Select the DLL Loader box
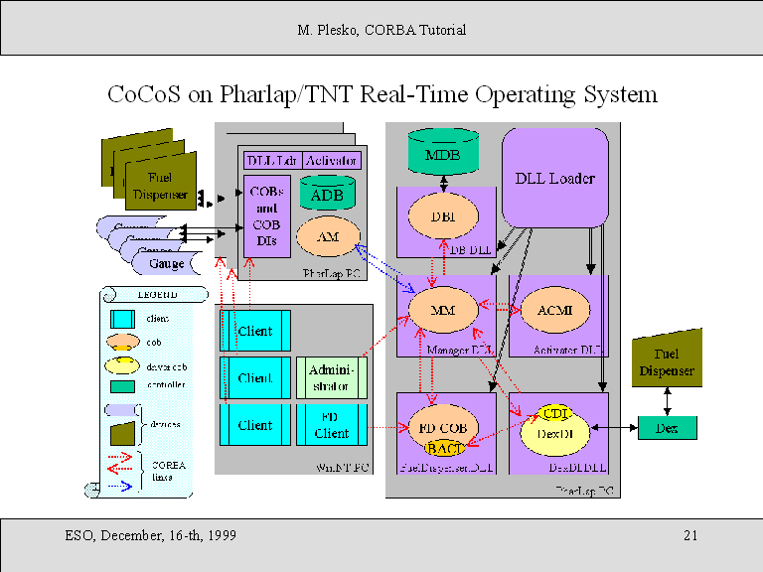coord(554,178)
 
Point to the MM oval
coord(441,310)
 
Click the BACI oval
coord(439,449)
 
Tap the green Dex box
coord(666,428)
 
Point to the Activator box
coord(332,160)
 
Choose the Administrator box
coord(332,376)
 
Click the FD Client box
coord(332,425)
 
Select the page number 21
coord(690,536)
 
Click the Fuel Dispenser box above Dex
coord(667,362)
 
